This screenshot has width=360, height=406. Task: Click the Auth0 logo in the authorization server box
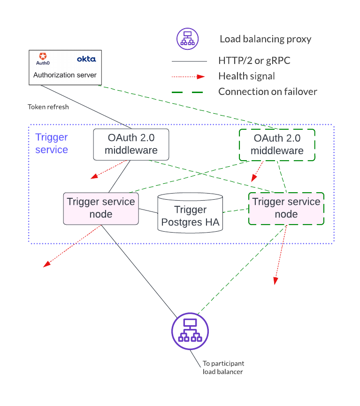click(43, 59)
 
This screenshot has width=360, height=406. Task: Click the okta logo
click(86, 59)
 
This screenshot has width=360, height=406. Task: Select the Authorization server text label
click(65, 75)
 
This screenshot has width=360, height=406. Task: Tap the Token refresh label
click(48, 107)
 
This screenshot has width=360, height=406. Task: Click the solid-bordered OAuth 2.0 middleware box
click(131, 144)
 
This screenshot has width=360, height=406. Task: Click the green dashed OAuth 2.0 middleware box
click(277, 144)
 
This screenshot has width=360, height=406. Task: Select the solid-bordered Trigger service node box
click(101, 208)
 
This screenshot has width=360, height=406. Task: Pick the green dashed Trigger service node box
click(286, 208)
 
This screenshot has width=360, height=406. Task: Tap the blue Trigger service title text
click(52, 143)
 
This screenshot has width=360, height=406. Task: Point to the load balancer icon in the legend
click(187, 39)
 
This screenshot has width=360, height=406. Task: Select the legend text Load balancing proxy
click(265, 39)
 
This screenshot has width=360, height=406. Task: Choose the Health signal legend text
click(246, 76)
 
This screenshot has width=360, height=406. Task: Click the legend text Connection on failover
click(268, 92)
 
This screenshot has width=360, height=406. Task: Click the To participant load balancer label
click(223, 367)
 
